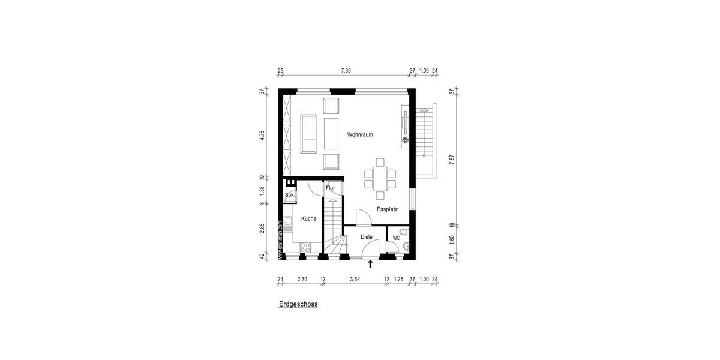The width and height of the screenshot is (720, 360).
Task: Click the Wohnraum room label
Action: [x=360, y=135]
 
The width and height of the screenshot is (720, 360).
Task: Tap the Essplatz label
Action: [x=388, y=209]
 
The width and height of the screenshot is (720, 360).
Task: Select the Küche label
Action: [x=308, y=219]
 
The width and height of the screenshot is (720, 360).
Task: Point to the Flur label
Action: [x=330, y=188]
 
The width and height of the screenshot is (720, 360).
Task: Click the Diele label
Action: [x=367, y=237]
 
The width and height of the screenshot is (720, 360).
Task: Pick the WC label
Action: [x=396, y=238]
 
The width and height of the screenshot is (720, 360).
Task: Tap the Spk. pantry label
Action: [x=289, y=196]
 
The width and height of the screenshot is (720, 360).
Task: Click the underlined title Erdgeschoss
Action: [x=298, y=304]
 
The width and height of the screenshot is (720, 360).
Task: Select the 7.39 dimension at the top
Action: [x=346, y=71]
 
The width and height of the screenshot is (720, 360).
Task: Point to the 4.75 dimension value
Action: [x=262, y=135]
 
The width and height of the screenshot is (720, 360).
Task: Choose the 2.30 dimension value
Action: [x=302, y=279]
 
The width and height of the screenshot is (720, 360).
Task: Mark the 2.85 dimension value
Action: [x=262, y=229]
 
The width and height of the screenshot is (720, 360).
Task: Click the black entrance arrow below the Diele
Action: [x=371, y=263]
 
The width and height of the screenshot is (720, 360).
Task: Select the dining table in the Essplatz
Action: [x=380, y=178]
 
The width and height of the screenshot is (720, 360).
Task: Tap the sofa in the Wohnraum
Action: [x=310, y=133]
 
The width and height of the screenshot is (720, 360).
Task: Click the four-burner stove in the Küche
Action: [x=305, y=246]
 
